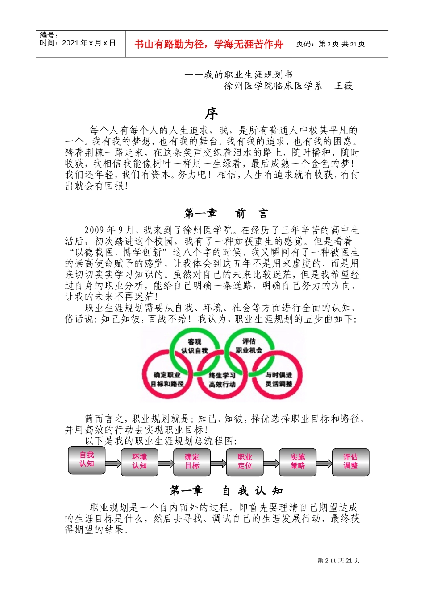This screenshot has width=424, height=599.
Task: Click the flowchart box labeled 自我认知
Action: (87, 460)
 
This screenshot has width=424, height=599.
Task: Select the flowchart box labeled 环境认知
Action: (139, 462)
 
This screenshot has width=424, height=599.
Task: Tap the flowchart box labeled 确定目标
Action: (192, 462)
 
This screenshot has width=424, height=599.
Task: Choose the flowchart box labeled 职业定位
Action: (245, 462)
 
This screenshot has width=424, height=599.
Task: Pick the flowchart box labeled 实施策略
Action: (297, 462)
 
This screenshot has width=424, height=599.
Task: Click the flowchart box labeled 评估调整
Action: (350, 462)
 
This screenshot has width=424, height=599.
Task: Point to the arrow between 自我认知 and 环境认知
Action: (113, 463)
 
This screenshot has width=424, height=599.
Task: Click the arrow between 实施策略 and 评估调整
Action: (324, 463)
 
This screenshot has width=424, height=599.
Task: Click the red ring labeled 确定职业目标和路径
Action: (167, 379)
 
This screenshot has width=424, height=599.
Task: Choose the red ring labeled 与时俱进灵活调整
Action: (279, 379)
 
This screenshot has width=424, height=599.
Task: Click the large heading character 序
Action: (212, 114)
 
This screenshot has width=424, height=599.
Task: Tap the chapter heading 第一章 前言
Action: (226, 214)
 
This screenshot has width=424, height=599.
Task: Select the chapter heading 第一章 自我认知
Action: (226, 491)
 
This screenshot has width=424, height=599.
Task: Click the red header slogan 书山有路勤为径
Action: (209, 44)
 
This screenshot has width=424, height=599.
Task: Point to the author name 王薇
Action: (344, 86)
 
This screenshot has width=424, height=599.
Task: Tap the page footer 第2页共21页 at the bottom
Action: (338, 561)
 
